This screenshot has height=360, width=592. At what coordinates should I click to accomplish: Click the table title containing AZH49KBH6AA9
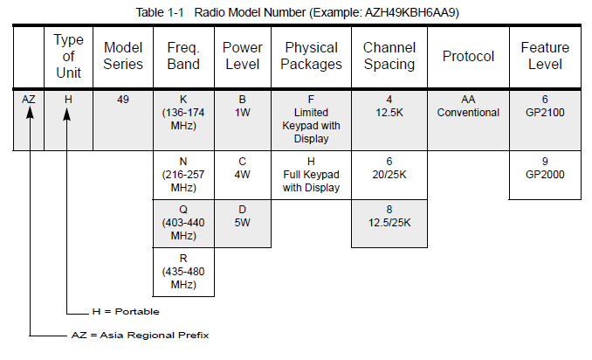pos(297,12)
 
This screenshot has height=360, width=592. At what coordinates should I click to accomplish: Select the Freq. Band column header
pos(183,56)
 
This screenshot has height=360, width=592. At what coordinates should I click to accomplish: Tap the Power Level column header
pos(243,56)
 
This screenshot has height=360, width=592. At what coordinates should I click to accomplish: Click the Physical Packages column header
pos(311,56)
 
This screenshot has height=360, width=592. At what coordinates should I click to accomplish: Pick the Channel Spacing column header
pos(389,56)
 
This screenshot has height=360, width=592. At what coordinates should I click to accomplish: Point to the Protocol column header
pos(468,56)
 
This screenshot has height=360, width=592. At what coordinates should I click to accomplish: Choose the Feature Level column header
pos(545,56)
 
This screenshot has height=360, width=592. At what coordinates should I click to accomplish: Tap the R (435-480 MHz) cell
pos(183,272)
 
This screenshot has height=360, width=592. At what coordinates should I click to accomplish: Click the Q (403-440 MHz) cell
pos(183,223)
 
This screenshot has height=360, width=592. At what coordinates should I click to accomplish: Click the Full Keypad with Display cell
pos(311,175)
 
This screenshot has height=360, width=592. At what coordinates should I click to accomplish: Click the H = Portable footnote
pos(126,312)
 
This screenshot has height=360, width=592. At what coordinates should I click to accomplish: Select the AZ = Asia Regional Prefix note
pos(140,335)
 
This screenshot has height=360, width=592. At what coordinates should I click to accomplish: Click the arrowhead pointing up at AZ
pos(30,112)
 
